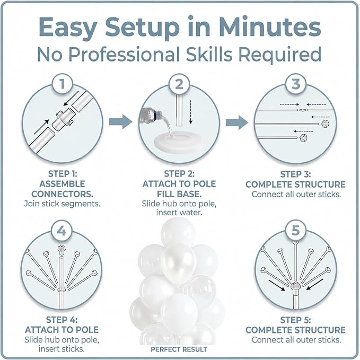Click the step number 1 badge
(62, 83)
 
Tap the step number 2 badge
(179, 84)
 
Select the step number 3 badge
(296, 84)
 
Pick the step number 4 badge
(62, 230)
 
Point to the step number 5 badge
(296, 230)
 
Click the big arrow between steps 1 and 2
(121, 122)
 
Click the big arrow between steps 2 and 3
(237, 122)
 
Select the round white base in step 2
(179, 141)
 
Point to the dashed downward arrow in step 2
(190, 112)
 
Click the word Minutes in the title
(270, 27)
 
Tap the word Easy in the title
(68, 28)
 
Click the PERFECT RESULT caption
(179, 349)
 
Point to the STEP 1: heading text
(63, 174)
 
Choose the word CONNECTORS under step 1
(63, 194)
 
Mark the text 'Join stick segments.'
(62, 204)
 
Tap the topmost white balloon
(178, 231)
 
